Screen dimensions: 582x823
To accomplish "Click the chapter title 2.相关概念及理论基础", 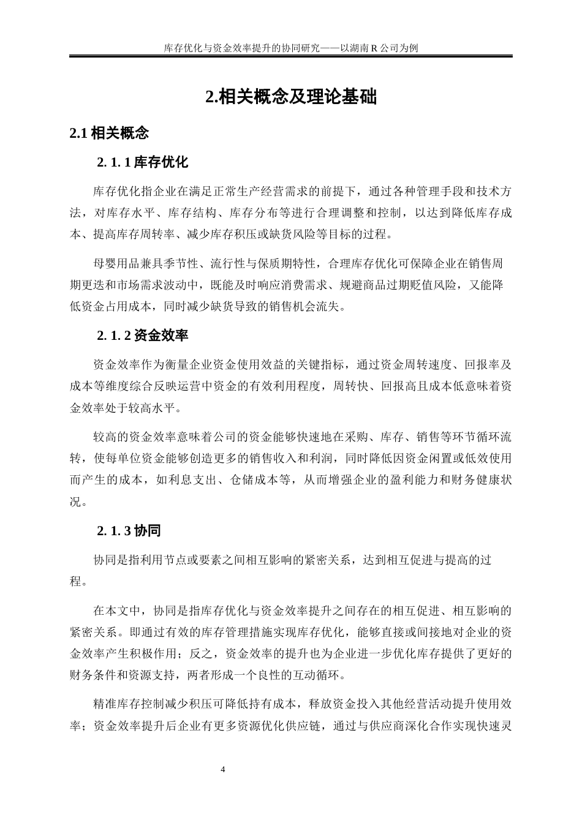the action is tap(291, 97).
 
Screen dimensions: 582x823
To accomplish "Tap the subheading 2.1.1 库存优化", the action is tap(142, 162).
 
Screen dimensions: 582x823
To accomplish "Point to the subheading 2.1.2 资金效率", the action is tap(142, 336).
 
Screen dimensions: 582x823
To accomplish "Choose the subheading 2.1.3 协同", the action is tap(129, 531).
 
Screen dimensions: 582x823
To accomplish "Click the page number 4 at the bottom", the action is tap(222, 769).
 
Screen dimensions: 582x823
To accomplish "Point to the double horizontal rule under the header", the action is tap(291, 56).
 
